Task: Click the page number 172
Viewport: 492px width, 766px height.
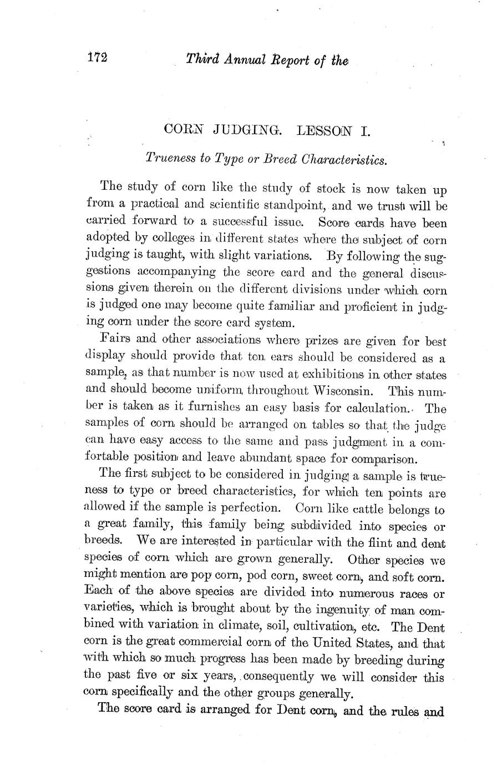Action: tap(97, 57)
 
